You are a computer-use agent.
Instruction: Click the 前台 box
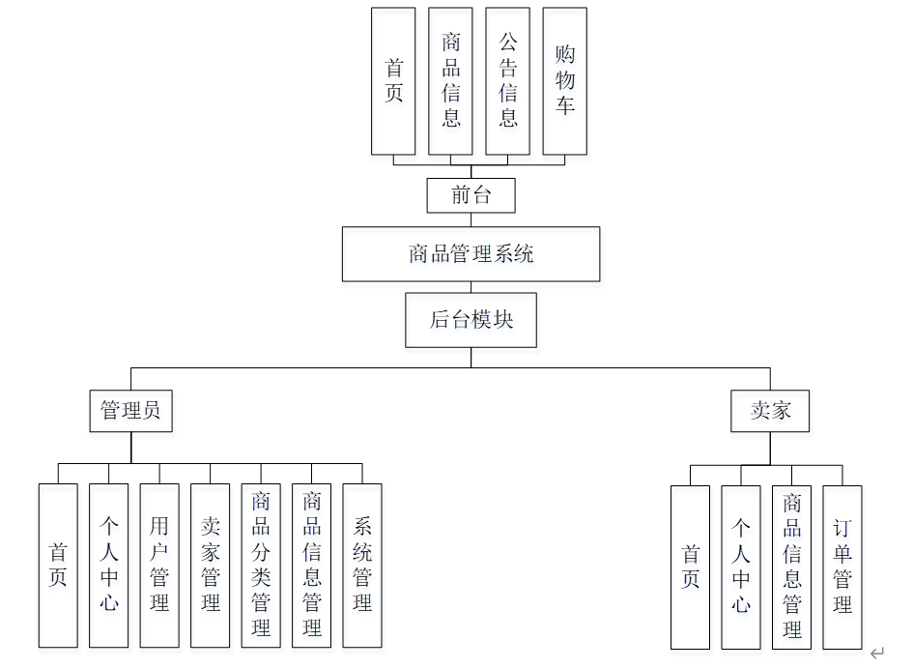[x=471, y=195]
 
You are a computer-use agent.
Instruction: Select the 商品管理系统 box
[x=471, y=254]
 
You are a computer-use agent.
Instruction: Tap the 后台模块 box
[x=471, y=320]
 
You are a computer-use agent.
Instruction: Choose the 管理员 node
[x=130, y=411]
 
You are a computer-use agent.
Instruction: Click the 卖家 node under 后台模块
[x=770, y=411]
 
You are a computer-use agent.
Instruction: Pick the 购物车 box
[x=565, y=81]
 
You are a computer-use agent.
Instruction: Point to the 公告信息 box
[x=508, y=81]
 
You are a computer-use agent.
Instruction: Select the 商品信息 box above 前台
[x=451, y=81]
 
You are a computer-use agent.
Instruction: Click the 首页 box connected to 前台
[x=394, y=81]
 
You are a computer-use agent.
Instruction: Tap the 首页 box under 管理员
[x=58, y=566]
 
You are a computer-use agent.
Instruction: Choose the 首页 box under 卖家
[x=690, y=567]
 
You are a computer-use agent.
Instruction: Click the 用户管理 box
[x=159, y=566]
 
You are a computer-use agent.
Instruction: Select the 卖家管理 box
[x=211, y=566]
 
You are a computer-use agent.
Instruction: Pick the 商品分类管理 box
[x=261, y=566]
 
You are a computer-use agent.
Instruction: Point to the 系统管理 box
[x=362, y=566]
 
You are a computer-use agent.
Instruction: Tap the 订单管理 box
[x=842, y=567]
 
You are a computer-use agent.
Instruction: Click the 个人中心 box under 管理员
[x=109, y=566]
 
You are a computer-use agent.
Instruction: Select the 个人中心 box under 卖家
[x=741, y=567]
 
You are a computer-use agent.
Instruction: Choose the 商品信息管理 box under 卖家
[x=792, y=567]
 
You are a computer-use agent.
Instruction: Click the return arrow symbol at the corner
[x=876, y=654]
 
